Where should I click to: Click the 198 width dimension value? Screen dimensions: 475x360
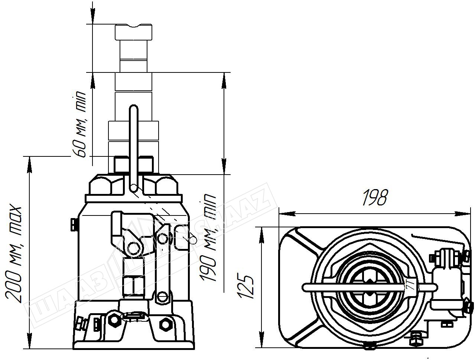point(375,197)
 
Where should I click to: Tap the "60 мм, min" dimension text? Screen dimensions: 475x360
point(79,124)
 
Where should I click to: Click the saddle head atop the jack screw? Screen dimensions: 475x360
point(134,32)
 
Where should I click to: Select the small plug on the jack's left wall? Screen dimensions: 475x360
point(74,225)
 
